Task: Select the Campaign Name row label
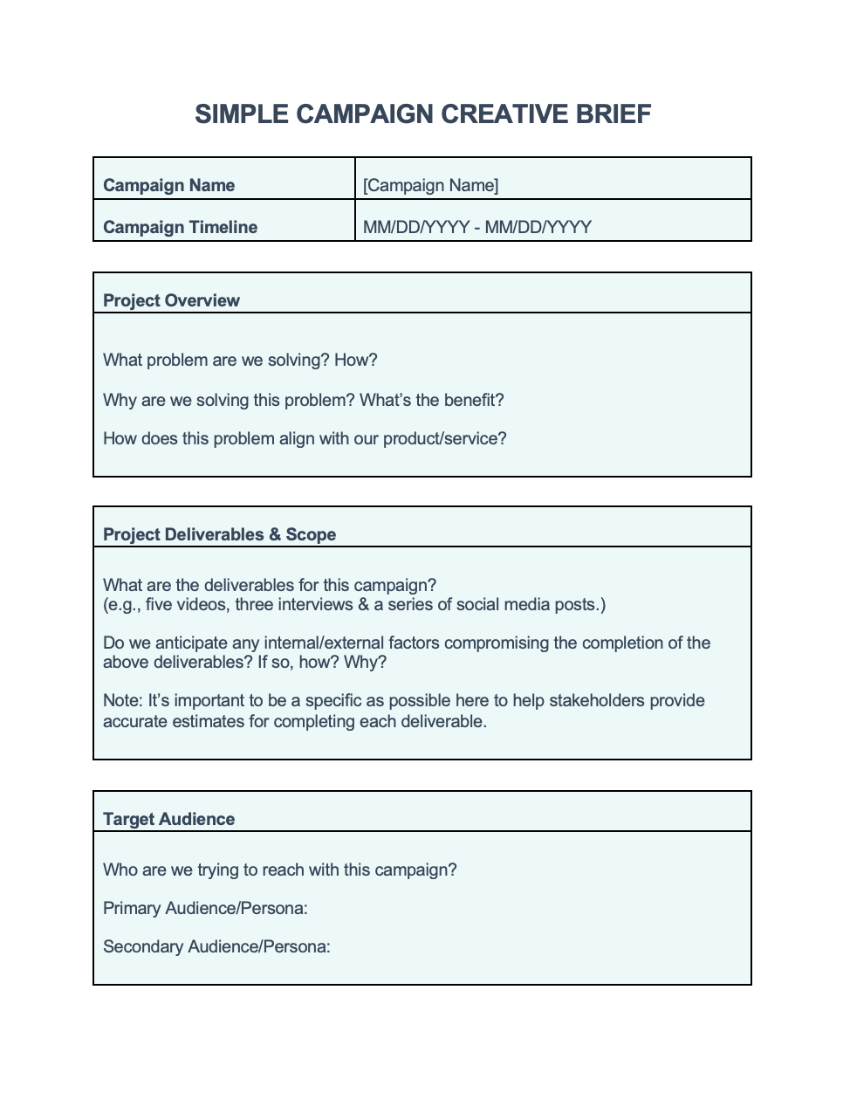[x=168, y=185]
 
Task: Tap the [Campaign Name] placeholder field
[x=431, y=185]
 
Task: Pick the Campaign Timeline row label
[x=180, y=227]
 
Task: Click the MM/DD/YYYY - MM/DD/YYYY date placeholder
[x=477, y=227]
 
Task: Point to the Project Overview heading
[x=171, y=300]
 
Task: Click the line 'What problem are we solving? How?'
[x=240, y=360]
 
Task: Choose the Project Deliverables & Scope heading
[x=219, y=534]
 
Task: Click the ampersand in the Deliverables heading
[x=275, y=534]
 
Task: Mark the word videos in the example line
[x=202, y=604]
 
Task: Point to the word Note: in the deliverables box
[x=122, y=700]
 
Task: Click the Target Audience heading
[x=168, y=819]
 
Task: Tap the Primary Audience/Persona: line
[x=205, y=908]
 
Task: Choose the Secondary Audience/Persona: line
[x=216, y=946]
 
